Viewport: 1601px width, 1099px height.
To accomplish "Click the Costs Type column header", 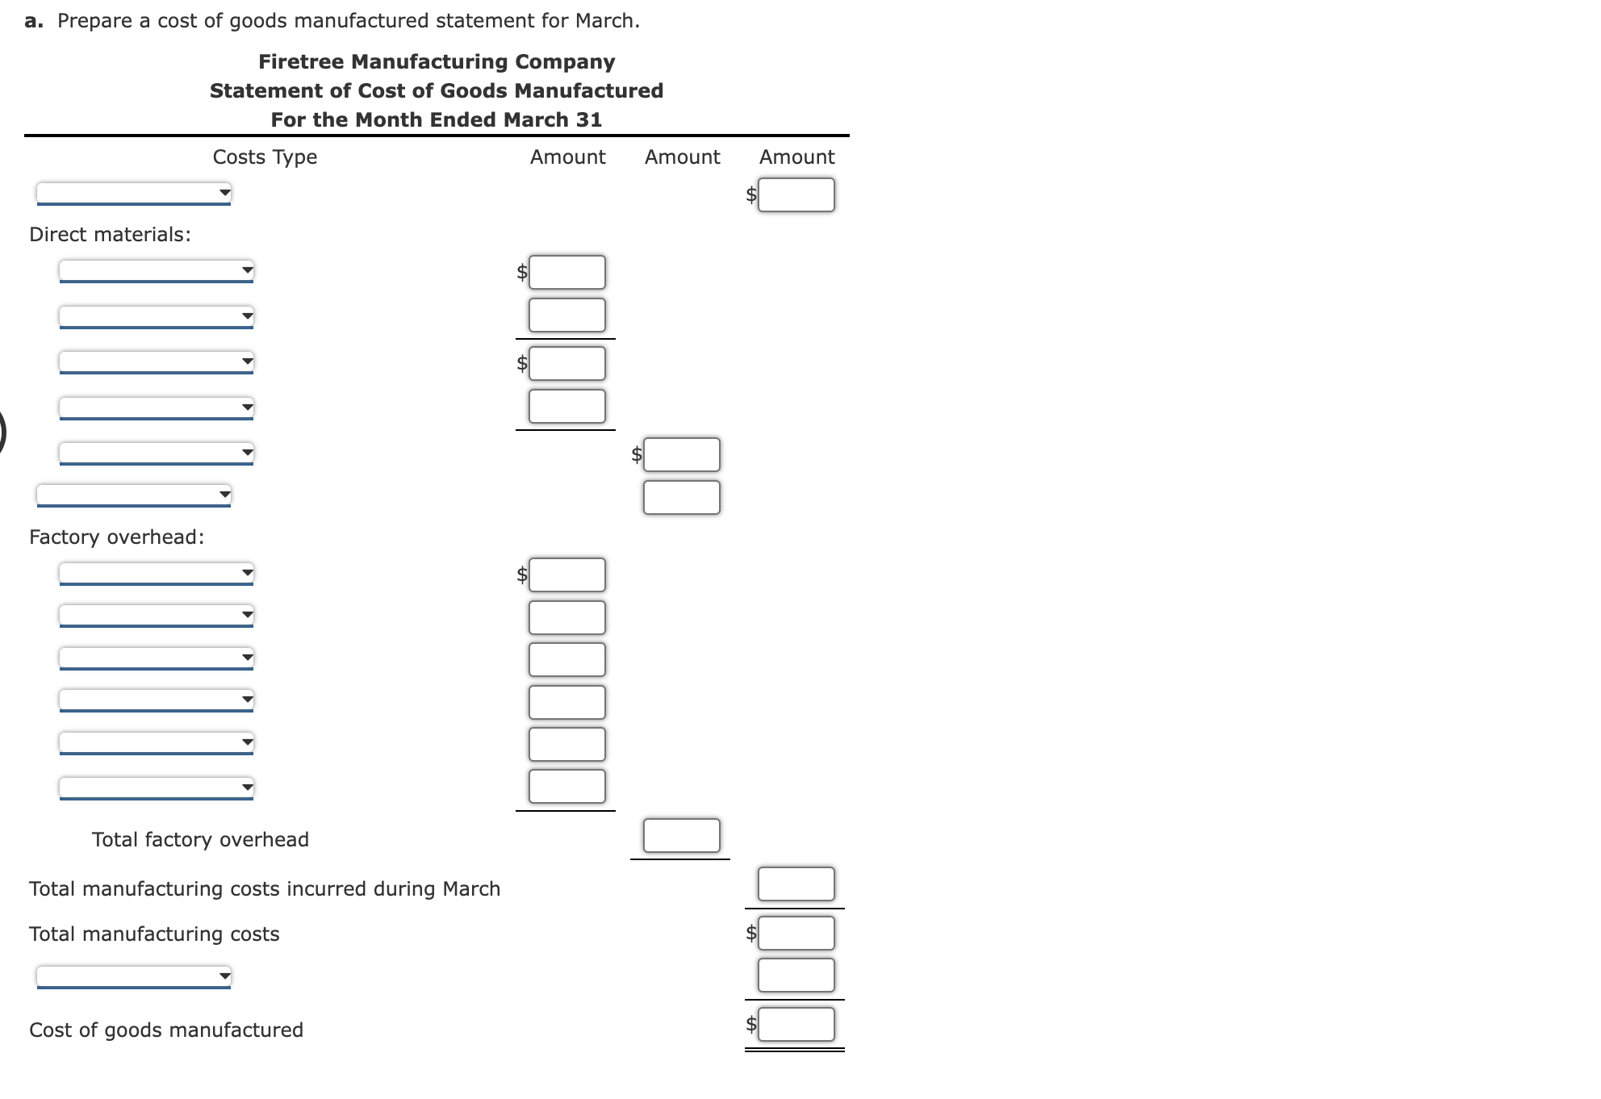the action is (265, 157).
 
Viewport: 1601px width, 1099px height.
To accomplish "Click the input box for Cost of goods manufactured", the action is (796, 1025).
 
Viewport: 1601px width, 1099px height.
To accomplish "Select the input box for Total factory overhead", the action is (681, 836).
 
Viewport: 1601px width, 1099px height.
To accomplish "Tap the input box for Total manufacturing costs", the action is (796, 934).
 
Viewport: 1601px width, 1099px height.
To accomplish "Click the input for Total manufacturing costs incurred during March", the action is (796, 884).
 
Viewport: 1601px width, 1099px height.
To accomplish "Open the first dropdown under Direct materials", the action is (157, 270).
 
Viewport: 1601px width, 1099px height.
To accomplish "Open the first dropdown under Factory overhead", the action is (157, 574).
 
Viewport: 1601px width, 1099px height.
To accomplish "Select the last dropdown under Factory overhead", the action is (157, 787).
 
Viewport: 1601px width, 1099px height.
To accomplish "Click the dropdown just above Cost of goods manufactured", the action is (134, 976).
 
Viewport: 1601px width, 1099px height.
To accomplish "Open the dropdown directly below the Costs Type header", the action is (134, 193).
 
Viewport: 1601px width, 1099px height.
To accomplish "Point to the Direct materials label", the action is (110, 235).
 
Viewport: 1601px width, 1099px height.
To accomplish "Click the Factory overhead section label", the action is (116, 537).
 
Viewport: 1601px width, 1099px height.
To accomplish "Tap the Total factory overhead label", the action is (200, 840).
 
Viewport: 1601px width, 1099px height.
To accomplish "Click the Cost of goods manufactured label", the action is (166, 1030).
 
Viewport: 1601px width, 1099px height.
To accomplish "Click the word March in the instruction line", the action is (605, 21).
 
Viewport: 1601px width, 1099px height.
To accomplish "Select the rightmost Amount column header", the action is (796, 157).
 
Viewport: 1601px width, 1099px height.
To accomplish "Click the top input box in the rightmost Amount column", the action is (796, 195).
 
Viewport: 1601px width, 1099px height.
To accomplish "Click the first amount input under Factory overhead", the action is (566, 575).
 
